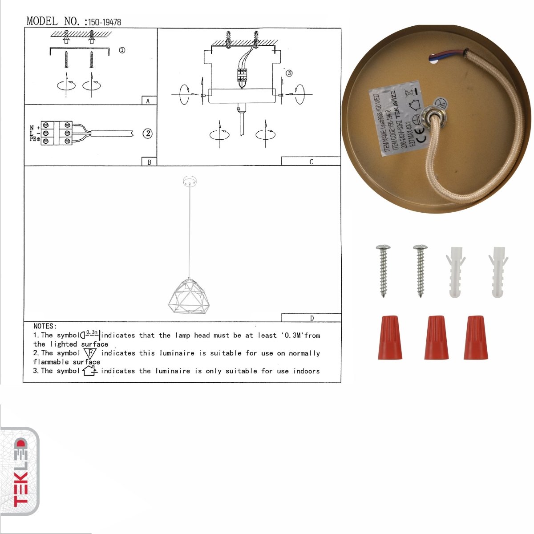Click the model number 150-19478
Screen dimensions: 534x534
pyautogui.click(x=105, y=22)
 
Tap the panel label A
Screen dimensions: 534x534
pyautogui.click(x=148, y=101)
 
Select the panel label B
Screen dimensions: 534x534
pyautogui.click(x=149, y=162)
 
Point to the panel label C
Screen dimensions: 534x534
pyautogui.click(x=311, y=162)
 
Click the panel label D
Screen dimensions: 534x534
pyautogui.click(x=311, y=318)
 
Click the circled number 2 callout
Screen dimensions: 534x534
pyautogui.click(x=147, y=133)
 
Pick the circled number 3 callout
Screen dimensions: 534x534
pyautogui.click(x=289, y=73)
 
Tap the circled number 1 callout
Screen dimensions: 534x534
pyautogui.click(x=122, y=50)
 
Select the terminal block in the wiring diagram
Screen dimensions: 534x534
pyautogui.click(x=57, y=133)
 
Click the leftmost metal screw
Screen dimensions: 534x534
pyautogui.click(x=383, y=270)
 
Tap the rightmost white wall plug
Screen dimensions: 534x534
pyautogui.click(x=498, y=271)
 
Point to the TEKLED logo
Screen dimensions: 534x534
pyautogui.click(x=20, y=472)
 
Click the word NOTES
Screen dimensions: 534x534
pyautogui.click(x=44, y=326)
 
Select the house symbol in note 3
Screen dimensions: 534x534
pyautogui.click(x=90, y=370)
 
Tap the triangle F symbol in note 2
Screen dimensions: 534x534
pyautogui.click(x=90, y=353)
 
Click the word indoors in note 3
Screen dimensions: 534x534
pyautogui.click(x=306, y=371)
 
